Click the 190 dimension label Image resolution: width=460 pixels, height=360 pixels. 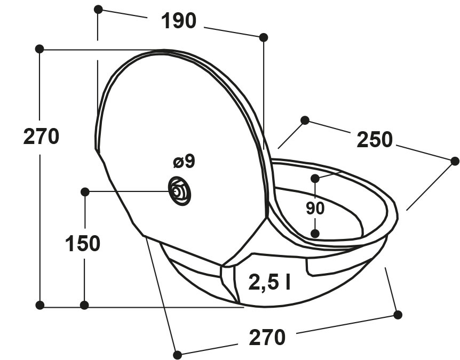coord(178,21)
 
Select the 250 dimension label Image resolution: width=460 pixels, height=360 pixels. coord(374,140)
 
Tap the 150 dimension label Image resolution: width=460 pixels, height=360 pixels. coord(82,244)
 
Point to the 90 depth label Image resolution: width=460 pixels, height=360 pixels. coord(315,209)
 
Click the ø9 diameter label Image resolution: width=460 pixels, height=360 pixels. coord(184,161)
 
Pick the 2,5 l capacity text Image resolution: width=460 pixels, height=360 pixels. coord(269,282)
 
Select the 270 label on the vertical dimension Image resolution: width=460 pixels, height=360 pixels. coord(41,137)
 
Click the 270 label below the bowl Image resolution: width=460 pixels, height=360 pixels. coord(267,338)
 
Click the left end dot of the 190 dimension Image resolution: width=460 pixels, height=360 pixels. coord(98,10)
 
